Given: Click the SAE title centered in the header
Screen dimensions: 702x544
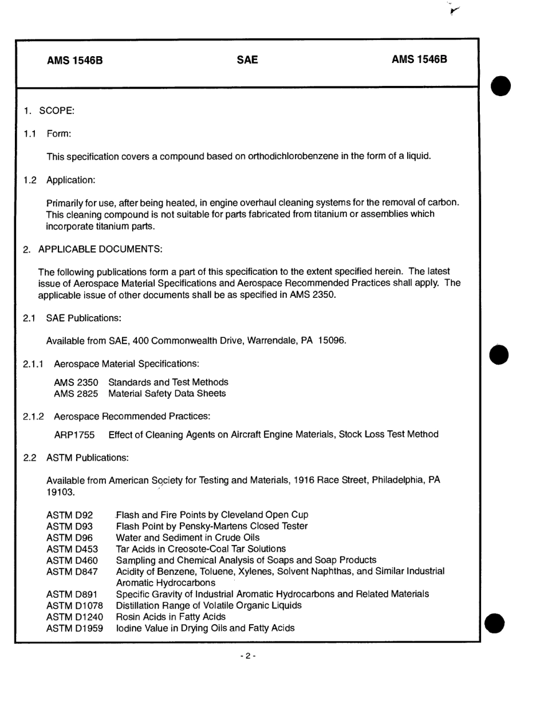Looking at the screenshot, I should click(x=247, y=60).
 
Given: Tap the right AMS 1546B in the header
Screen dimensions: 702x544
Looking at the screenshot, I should click(x=419, y=60).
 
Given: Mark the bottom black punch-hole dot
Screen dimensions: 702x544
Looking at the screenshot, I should click(x=495, y=623).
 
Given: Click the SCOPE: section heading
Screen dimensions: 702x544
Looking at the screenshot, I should click(x=56, y=111).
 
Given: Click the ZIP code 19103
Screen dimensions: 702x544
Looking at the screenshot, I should click(x=60, y=492).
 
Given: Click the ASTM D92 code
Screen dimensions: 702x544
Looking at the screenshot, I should click(x=69, y=515).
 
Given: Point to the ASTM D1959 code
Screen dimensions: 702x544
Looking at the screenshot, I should click(x=75, y=628).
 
